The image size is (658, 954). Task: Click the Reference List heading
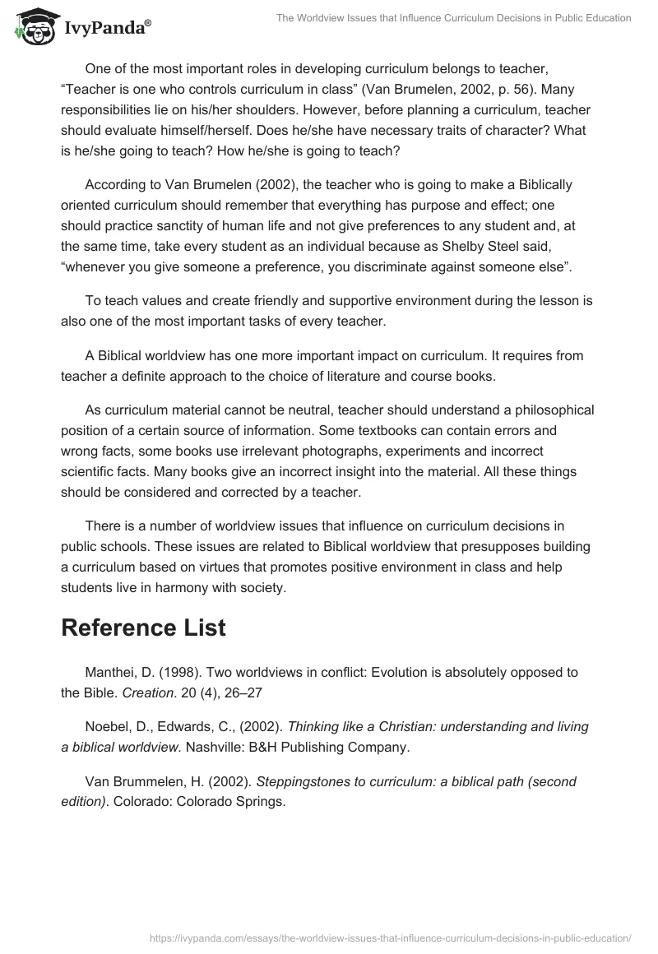[x=143, y=628]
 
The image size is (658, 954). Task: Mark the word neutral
[x=316, y=410]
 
